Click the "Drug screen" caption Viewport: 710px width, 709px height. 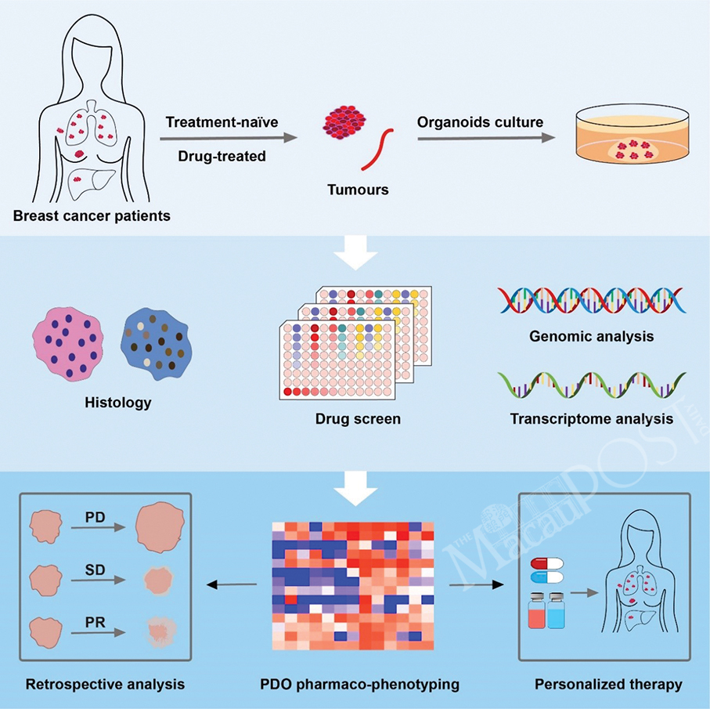pos(358,419)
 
